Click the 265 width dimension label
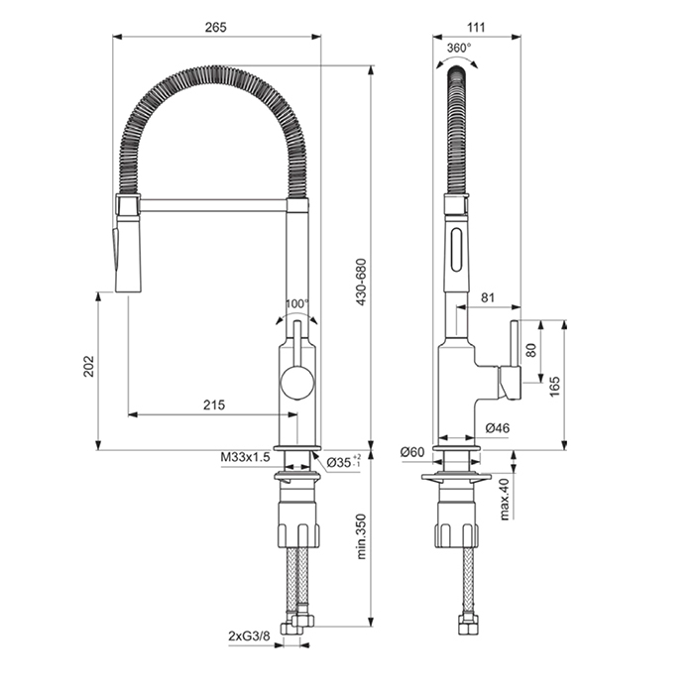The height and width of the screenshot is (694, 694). tap(215, 28)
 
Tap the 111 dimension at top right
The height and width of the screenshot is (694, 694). tap(476, 28)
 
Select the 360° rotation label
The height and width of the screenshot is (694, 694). tap(459, 48)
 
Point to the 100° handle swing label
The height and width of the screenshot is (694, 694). tap(297, 304)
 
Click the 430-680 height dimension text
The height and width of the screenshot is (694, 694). tap(362, 283)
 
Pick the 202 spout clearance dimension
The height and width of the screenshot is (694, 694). tap(89, 366)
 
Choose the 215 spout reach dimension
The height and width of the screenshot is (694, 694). tap(214, 405)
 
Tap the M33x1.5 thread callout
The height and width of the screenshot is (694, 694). tap(245, 457)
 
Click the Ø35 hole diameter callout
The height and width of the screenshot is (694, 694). tap(343, 462)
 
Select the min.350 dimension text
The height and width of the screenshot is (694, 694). tap(362, 536)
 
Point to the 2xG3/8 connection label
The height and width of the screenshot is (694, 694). tap(249, 636)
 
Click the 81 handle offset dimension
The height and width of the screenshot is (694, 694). tap(488, 297)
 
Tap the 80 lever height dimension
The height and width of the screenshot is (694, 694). tap(531, 350)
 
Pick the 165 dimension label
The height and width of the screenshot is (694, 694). tap(554, 387)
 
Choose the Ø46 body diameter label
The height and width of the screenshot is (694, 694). tap(497, 428)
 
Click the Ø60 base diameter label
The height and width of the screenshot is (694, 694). tap(412, 452)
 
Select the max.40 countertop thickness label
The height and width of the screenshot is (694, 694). tap(504, 499)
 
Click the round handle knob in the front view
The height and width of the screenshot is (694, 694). tap(297, 383)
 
